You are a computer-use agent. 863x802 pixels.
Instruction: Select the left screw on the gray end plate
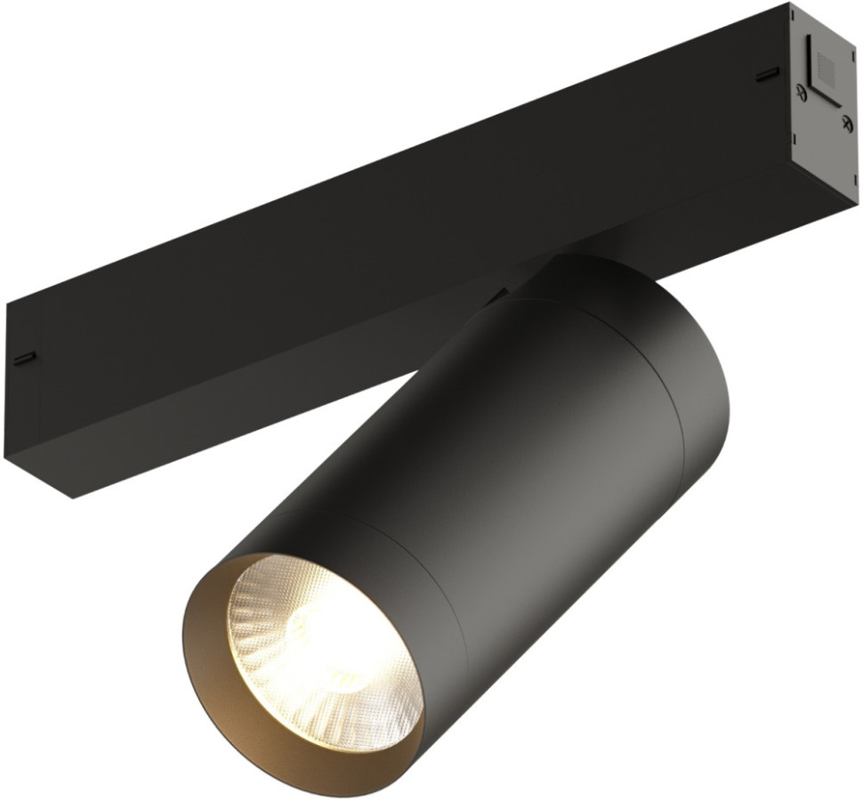tap(803, 90)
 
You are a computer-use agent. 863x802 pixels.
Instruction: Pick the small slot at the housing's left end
tap(24, 358)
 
